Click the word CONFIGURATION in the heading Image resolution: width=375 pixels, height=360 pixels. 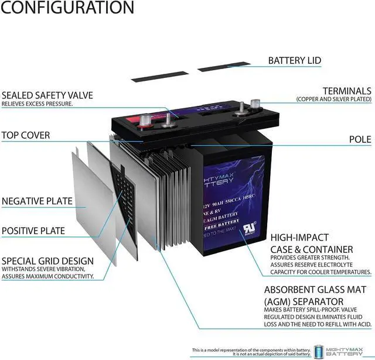67,8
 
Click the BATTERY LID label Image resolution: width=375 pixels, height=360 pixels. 294,60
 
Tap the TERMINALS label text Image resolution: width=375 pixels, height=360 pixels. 346,91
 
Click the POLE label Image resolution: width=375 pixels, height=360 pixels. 360,139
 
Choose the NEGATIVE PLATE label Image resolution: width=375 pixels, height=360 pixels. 37,201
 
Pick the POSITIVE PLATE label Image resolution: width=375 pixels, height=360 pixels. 33,231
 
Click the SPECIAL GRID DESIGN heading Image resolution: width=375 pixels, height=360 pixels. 47,260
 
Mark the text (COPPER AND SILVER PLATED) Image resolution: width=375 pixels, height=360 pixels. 333,100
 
